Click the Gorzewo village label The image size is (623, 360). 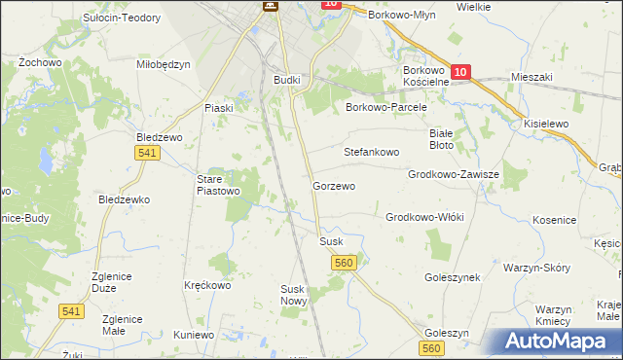pyautogui.click(x=334, y=185)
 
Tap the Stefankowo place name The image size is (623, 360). pyautogui.click(x=372, y=153)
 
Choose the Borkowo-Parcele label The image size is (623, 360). pyautogui.click(x=386, y=108)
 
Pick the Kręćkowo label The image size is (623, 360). pyautogui.click(x=207, y=286)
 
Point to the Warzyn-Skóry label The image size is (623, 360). pyautogui.click(x=536, y=267)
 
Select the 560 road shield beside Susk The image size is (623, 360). pyautogui.click(x=343, y=263)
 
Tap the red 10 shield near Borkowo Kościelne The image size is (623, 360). pyautogui.click(x=461, y=71)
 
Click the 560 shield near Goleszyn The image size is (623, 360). pyautogui.click(x=433, y=348)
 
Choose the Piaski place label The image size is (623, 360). pyautogui.click(x=218, y=108)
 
